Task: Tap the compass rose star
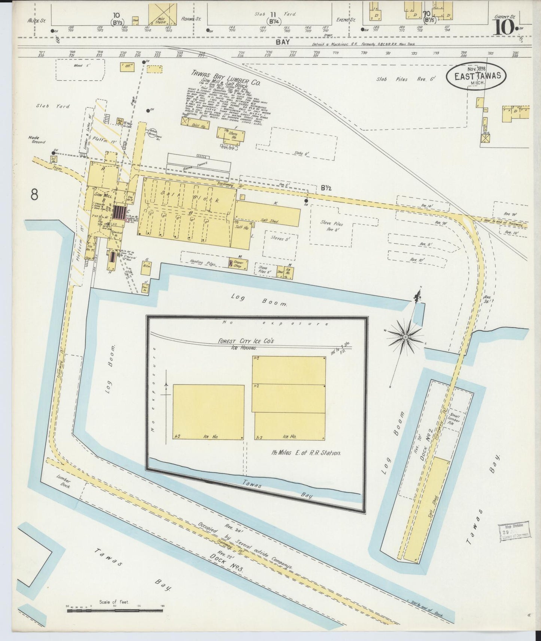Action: coord(405,338)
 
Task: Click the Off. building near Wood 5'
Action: coord(127,67)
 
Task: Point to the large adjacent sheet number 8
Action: coord(35,195)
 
